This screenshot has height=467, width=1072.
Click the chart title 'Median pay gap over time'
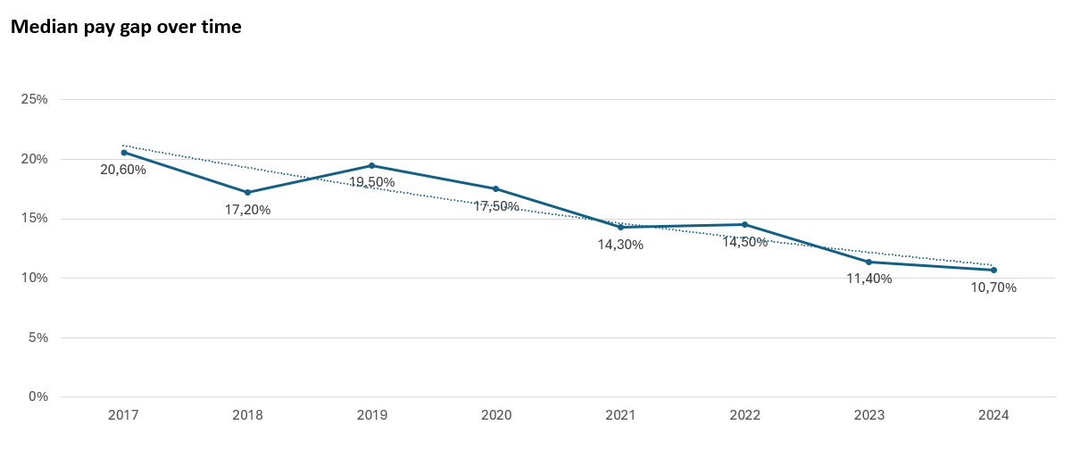tap(126, 27)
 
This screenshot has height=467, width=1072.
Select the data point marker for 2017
tap(124, 153)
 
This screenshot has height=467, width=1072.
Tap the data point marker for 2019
tap(371, 165)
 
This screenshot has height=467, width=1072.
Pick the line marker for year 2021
tap(620, 227)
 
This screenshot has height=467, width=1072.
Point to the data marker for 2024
tap(993, 270)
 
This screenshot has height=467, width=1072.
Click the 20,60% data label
tap(123, 170)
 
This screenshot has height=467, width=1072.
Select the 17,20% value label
tap(247, 210)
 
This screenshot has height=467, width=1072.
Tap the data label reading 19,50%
tap(371, 182)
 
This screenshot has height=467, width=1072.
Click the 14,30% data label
tap(620, 245)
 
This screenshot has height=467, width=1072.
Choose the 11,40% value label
tap(868, 279)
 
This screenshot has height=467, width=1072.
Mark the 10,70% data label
tap(993, 288)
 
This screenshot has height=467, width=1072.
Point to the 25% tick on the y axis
tap(34, 99)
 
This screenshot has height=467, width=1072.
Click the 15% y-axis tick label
tap(34, 219)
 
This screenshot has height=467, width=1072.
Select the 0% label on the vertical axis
tap(37, 396)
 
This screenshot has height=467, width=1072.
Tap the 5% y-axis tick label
tap(37, 338)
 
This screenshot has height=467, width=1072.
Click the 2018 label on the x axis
tap(247, 415)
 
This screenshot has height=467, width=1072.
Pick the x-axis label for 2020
tap(496, 415)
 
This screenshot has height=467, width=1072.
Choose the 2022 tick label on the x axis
tap(744, 415)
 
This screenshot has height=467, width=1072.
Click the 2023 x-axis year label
tap(868, 415)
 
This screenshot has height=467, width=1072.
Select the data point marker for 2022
tap(744, 224)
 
